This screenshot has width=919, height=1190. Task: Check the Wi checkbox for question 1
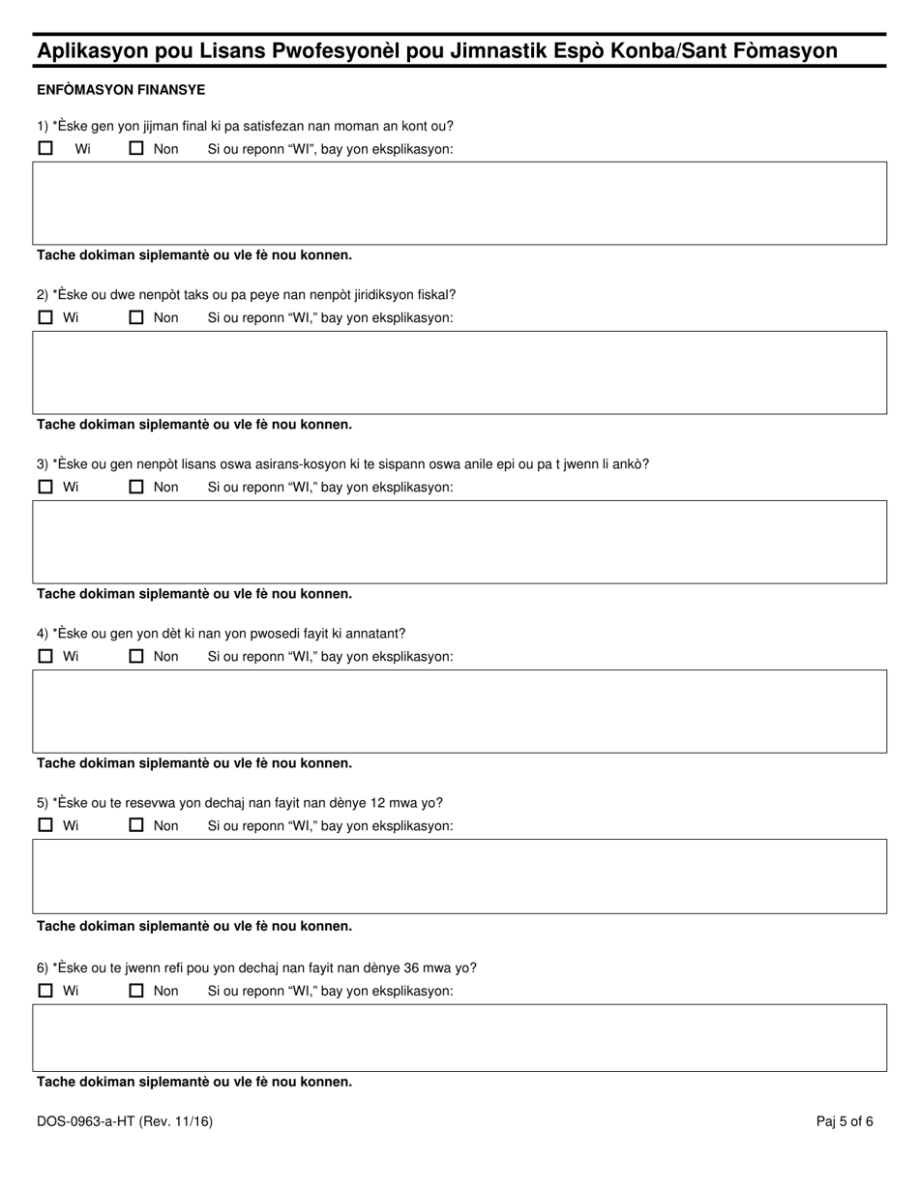point(45,149)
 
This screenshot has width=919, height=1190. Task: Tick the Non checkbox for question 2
point(136,317)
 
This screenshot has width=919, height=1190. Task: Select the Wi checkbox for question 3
point(45,487)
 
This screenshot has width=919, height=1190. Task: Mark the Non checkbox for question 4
point(136,656)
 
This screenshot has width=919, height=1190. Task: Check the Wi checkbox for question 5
point(45,825)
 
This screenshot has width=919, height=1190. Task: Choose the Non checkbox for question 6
point(136,991)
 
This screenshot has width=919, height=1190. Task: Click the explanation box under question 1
point(459,203)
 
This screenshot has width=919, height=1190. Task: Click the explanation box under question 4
point(459,711)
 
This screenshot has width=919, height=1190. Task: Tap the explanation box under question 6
point(459,1037)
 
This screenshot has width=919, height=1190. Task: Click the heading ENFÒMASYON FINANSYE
point(121,90)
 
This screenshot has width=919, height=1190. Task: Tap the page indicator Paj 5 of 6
point(845,1121)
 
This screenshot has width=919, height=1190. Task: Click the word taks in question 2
point(196,295)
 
